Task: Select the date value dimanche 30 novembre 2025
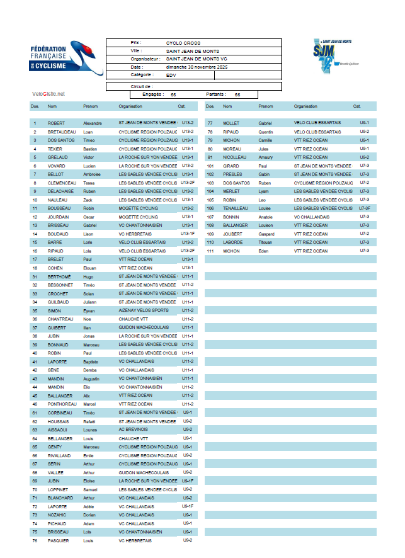197,67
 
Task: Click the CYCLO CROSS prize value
179,43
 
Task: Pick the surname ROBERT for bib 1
57,123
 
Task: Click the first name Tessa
90,183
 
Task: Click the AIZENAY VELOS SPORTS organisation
144,310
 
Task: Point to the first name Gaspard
268,234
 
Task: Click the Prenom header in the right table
266,106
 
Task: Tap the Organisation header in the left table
130,106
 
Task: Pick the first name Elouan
92,268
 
